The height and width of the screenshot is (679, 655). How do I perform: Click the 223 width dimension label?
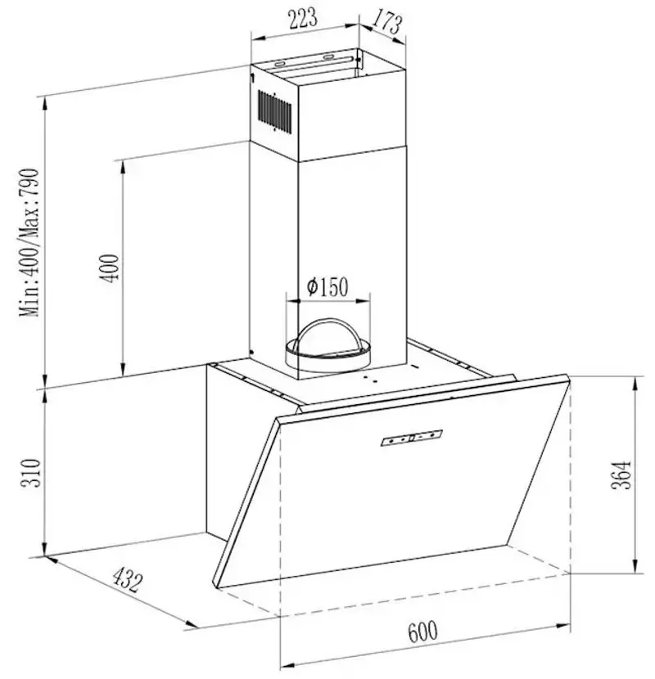pos(300,18)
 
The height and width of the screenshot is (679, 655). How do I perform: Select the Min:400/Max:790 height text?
pos(30,243)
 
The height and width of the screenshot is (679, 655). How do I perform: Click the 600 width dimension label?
pos(422,632)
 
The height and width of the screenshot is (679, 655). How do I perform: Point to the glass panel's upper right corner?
pos(567,376)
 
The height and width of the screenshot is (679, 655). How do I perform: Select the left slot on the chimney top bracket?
pos(281,62)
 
